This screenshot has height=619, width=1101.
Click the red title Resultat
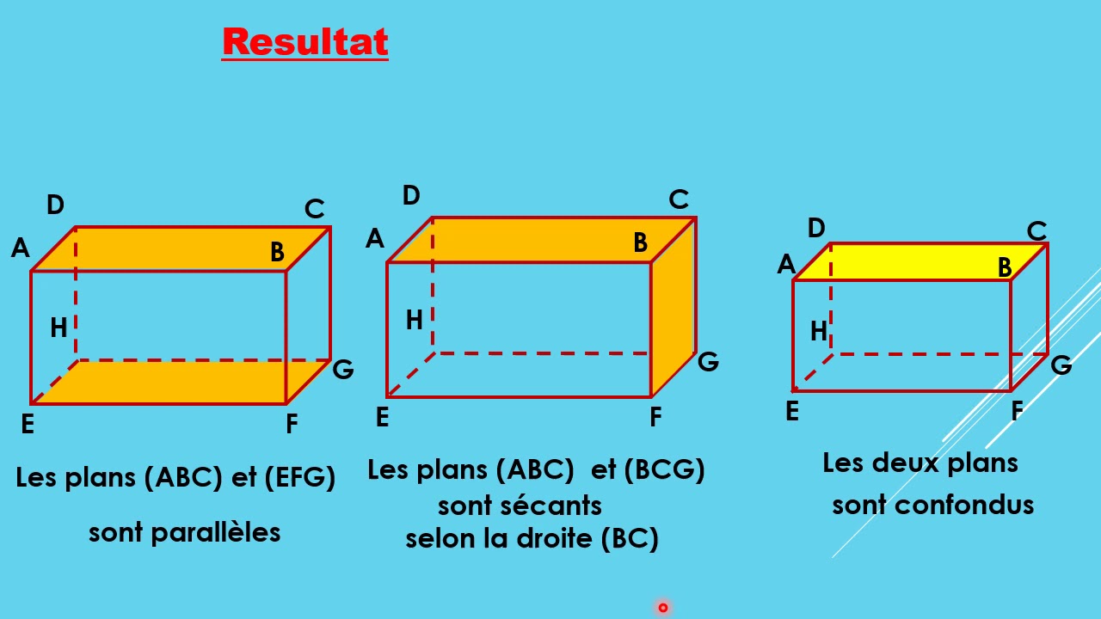click(305, 42)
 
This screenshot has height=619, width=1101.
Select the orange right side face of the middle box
click(673, 309)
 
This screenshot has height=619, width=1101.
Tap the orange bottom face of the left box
click(181, 382)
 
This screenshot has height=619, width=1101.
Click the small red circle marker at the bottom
click(663, 608)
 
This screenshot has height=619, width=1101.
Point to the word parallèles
click(215, 533)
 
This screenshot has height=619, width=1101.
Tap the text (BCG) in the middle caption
click(664, 470)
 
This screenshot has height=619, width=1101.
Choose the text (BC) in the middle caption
click(630, 539)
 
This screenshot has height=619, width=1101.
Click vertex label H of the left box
click(58, 328)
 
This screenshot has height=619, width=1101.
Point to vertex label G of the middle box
click(708, 361)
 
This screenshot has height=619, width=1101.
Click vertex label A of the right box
click(785, 265)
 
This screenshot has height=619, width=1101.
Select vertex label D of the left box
click(55, 205)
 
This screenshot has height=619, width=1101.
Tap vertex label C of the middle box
click(679, 200)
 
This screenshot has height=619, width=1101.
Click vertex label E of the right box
click(792, 412)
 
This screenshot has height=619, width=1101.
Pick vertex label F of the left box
click(292, 424)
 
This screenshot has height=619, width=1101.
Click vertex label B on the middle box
click(640, 243)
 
